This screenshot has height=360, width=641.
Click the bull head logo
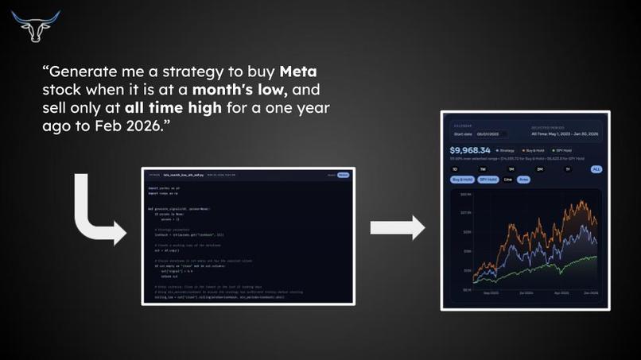click(x=29, y=25)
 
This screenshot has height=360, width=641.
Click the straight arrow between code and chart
click(x=398, y=228)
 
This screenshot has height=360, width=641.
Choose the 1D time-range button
click(x=456, y=168)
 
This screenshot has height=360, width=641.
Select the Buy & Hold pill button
click(x=462, y=180)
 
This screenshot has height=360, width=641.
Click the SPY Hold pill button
click(x=488, y=180)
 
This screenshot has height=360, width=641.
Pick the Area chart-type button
click(x=523, y=180)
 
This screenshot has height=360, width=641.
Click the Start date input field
click(x=486, y=134)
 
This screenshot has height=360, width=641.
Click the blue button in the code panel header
click(x=343, y=175)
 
